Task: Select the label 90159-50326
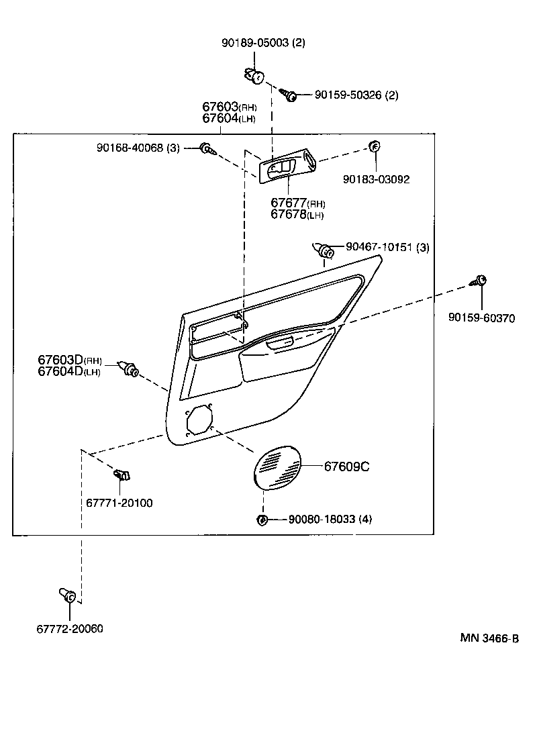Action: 348,95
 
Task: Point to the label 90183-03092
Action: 376,179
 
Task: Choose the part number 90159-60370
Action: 481,318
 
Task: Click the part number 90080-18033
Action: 322,519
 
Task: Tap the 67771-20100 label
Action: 119,503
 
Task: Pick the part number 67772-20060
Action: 70,628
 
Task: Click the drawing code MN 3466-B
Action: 489,638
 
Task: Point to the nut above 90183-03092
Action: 375,147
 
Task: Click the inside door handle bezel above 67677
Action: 288,166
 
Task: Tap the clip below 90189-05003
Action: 256,77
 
